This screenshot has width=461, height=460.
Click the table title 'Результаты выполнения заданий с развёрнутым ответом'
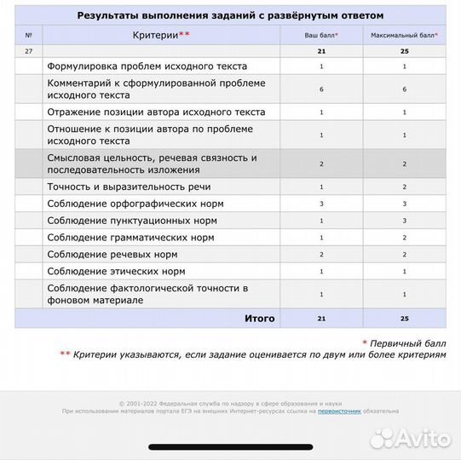[230, 15]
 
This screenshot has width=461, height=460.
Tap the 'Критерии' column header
[162, 35]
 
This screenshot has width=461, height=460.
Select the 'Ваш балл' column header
[321, 35]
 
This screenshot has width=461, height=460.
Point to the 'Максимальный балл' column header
[404, 35]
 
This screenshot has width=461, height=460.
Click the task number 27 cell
[28, 52]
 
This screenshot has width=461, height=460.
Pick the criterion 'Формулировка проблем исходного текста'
[147, 66]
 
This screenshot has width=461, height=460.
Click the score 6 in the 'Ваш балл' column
[321, 89]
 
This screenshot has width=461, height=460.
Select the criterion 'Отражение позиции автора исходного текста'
[157, 112]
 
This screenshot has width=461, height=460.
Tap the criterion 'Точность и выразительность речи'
[130, 186]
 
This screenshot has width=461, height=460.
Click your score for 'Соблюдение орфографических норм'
[321, 204]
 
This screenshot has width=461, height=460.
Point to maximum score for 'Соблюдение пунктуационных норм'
[404, 221]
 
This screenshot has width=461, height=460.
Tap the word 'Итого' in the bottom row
[260, 318]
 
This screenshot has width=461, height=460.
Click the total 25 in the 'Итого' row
[404, 318]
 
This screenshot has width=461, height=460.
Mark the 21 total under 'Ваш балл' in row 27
[321, 52]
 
